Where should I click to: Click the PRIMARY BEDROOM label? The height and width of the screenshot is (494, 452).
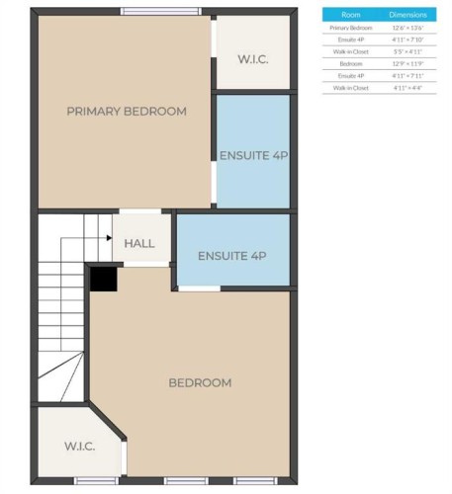(x=126, y=112)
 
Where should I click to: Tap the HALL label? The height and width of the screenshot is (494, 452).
(x=139, y=242)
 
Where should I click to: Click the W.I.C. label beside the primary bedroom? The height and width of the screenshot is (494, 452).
(x=253, y=59)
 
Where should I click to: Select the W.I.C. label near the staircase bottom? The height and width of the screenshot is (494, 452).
(x=79, y=447)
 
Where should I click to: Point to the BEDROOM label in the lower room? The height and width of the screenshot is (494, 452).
(x=200, y=382)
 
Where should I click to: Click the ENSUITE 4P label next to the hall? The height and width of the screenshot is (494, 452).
(x=232, y=256)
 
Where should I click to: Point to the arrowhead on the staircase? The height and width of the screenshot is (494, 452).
(x=108, y=237)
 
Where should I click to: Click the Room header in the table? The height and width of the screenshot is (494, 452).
(x=351, y=15)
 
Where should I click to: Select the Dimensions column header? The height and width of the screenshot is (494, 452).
(x=407, y=15)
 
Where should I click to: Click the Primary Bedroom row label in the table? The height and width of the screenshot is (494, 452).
(x=351, y=29)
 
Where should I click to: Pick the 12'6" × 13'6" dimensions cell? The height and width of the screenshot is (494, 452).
(x=407, y=29)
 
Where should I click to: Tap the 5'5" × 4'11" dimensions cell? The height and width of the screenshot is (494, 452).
(x=407, y=52)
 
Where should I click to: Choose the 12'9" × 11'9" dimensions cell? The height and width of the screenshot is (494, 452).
(x=407, y=64)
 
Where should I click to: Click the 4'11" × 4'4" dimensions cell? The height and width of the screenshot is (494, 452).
(x=407, y=88)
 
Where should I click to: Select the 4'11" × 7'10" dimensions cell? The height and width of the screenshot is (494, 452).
(x=407, y=41)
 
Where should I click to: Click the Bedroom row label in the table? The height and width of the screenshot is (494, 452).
(x=351, y=64)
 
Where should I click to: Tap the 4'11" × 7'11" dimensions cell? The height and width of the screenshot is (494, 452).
(x=407, y=76)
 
